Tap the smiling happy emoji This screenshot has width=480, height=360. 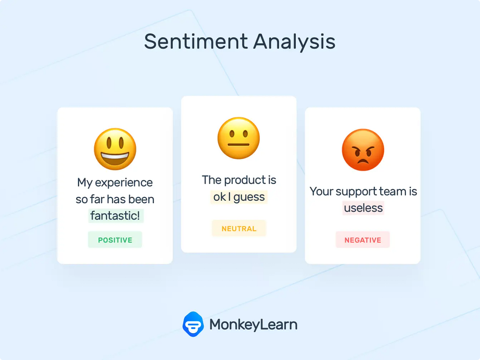[x=115, y=149]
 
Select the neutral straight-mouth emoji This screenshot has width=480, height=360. [x=238, y=138]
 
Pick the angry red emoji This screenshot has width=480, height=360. [x=363, y=150]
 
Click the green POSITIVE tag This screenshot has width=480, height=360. [x=115, y=240]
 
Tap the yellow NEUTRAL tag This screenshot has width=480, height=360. [x=239, y=229]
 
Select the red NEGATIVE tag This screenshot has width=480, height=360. [x=363, y=240]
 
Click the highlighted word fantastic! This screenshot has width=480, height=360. [x=115, y=216]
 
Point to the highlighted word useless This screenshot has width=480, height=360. [x=363, y=208]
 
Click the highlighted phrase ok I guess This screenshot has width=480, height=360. [x=239, y=197]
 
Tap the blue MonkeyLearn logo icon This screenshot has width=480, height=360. [x=193, y=324]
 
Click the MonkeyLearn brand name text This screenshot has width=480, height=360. [x=253, y=324]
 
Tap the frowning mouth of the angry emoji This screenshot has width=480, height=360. [x=363, y=161]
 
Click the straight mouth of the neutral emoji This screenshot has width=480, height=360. [x=238, y=144]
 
